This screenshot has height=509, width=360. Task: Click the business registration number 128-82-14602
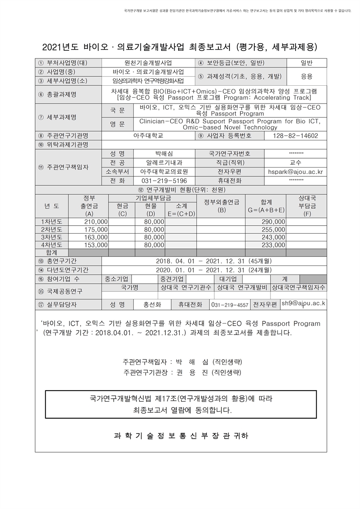click(296, 136)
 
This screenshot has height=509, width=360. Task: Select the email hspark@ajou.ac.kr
click(296, 172)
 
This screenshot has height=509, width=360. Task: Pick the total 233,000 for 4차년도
click(273, 245)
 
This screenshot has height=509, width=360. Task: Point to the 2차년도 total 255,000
click(273, 229)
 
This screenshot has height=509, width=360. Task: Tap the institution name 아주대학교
click(148, 136)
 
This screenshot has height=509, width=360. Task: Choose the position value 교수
click(296, 162)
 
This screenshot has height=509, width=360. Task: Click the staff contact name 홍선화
click(153, 305)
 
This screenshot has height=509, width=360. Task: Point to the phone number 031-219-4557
click(230, 305)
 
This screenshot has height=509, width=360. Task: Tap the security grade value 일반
click(307, 63)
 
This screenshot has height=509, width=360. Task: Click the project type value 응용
click(307, 76)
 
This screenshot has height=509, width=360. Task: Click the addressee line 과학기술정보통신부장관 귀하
click(181, 436)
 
